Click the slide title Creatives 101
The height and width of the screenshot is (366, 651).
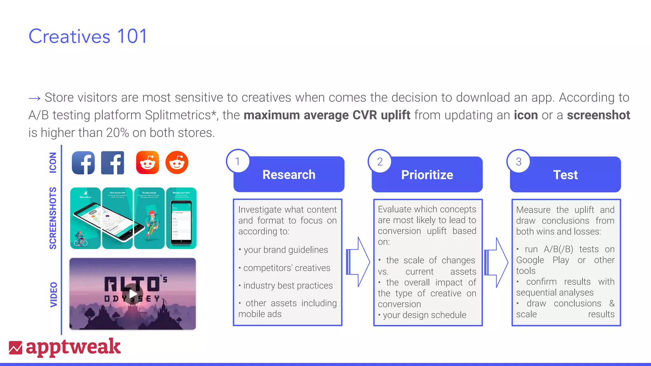click(x=88, y=36)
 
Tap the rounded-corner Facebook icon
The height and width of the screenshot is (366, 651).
click(x=83, y=163)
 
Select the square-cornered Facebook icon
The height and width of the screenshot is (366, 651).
click(x=113, y=163)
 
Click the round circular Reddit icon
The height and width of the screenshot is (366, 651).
click(x=177, y=163)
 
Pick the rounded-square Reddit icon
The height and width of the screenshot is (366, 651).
click(x=147, y=163)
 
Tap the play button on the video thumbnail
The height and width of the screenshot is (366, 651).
click(x=133, y=294)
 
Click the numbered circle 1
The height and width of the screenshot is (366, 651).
click(x=237, y=161)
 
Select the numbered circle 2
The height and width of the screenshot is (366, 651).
click(x=380, y=162)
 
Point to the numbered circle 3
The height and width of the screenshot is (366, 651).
click(x=518, y=162)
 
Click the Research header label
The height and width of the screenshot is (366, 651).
click(x=289, y=175)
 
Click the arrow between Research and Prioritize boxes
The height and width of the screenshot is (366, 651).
click(x=358, y=262)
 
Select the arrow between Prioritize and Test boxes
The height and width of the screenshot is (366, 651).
click(x=496, y=262)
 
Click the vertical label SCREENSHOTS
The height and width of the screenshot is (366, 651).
click(x=53, y=218)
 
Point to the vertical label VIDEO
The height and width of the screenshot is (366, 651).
click(x=54, y=295)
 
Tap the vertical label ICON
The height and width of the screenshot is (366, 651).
click(x=53, y=163)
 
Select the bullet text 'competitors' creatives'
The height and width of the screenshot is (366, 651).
click(x=286, y=268)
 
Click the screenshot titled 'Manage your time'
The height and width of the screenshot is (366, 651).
click(x=181, y=218)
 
